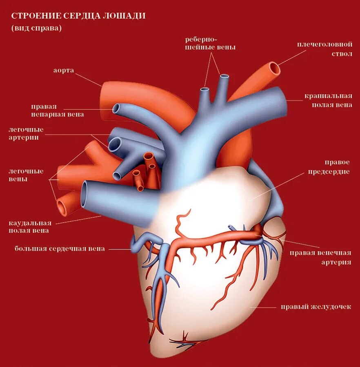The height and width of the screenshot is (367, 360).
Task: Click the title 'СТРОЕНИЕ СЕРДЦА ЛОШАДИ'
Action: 78,16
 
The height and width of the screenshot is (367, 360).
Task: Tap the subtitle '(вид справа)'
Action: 36,28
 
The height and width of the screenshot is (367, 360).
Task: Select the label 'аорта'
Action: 64,70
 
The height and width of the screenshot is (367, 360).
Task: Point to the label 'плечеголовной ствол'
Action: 324,49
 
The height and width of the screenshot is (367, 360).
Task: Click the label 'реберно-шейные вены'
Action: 210,43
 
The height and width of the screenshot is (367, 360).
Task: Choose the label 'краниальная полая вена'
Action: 328,100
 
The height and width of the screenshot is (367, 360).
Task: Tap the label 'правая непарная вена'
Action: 58,110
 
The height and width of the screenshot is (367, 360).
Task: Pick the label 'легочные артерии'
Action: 26,133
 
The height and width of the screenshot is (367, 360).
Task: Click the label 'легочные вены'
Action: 26,175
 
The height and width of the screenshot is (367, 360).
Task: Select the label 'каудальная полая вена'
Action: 30,226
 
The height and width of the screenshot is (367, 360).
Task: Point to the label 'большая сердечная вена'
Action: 60,248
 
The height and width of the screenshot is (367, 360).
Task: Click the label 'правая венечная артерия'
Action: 320,257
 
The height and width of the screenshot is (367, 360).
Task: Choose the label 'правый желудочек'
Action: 316,307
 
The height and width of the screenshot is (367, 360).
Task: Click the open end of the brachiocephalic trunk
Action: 275,69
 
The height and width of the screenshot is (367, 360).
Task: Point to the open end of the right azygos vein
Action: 116,108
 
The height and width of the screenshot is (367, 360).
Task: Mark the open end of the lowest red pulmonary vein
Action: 62,207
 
